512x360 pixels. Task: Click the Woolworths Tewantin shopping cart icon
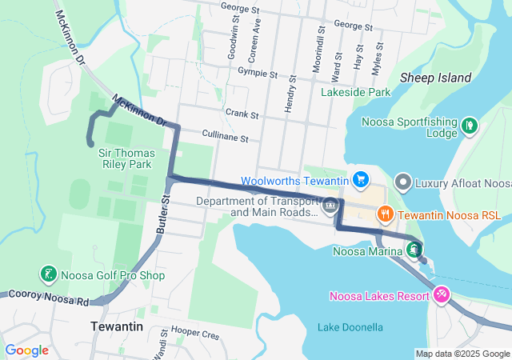pos(361,180)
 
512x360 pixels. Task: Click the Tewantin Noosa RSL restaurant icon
pos(385,213)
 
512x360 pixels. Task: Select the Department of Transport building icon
pos(330,206)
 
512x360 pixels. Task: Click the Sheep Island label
pos(434,78)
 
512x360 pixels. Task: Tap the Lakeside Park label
pos(355,93)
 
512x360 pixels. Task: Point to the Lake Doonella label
pos(350,327)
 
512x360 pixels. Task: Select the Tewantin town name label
pos(115,327)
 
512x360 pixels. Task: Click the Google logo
pos(26,350)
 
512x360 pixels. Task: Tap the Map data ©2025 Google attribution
pos(462,354)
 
